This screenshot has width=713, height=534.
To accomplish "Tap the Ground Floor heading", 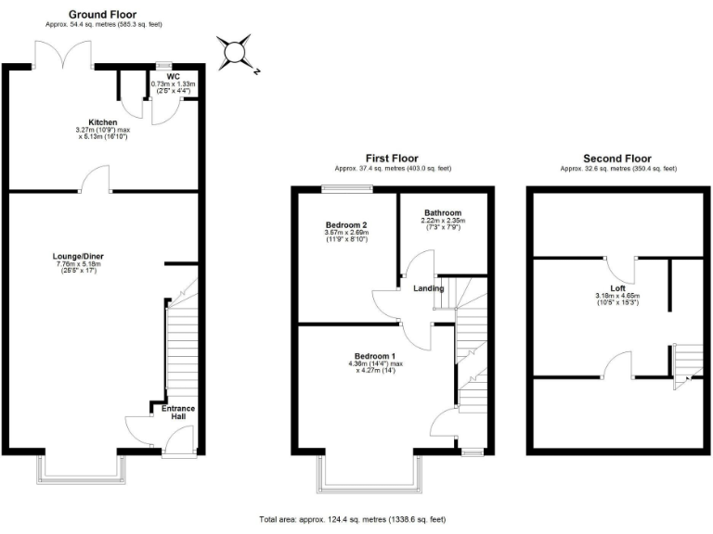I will tap(104, 15).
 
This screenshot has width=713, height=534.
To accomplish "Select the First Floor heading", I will tap(393, 159).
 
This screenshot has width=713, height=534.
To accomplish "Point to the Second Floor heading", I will tap(617, 159).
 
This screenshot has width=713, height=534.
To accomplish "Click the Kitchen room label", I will tap(102, 122).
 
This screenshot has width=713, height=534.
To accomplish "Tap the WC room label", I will tap(173, 77).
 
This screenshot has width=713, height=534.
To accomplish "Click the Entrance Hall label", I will tap(178, 413).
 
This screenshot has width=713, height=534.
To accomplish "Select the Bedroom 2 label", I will tap(345, 225).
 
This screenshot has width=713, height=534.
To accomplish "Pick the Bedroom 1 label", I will tap(374, 357).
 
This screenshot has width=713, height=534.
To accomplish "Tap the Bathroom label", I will tap(443, 212).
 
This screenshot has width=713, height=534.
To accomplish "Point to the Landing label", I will tap(429, 288).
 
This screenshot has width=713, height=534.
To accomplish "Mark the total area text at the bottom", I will tap(356, 520).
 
